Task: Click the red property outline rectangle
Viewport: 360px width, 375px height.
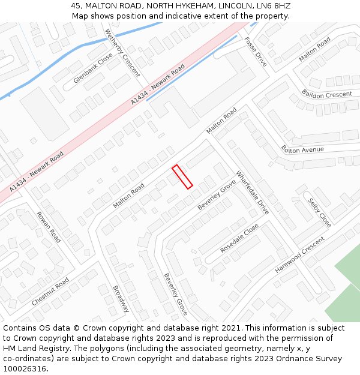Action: coord(182,177)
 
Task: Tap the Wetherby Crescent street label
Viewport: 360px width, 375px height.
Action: coord(122,53)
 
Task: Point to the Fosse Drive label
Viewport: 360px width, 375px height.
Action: coord(256,52)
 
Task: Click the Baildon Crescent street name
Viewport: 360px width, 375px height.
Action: coord(327,95)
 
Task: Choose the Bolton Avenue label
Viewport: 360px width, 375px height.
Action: coord(302,149)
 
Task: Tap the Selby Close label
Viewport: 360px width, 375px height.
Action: coord(320,212)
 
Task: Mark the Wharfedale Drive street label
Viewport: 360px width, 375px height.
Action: coord(253,193)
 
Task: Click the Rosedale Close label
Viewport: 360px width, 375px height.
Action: coord(239,238)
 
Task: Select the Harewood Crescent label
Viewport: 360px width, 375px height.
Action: coord(299,255)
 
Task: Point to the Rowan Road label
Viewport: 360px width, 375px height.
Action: coord(49,227)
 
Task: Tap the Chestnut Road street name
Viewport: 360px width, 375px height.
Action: coord(50,292)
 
